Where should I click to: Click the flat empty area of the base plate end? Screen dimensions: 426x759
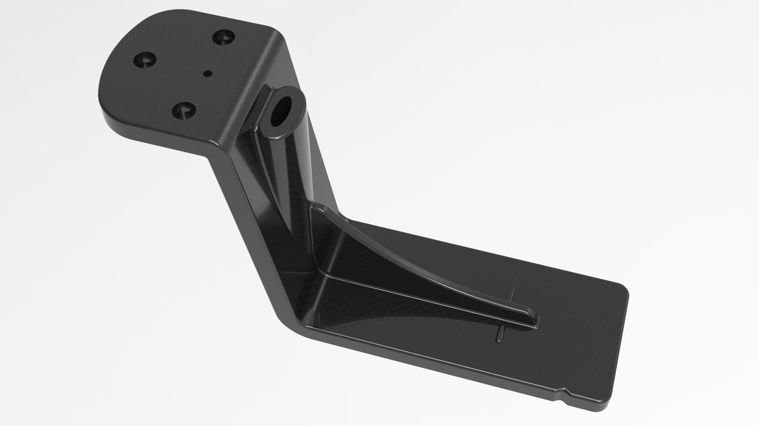click(x=589, y=347)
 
